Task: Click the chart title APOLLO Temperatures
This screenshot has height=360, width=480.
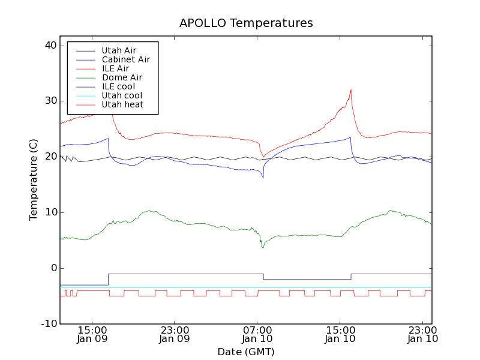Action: click(x=246, y=23)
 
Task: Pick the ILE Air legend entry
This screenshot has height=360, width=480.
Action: click(x=115, y=68)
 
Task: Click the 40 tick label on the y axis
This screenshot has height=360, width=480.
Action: click(x=50, y=46)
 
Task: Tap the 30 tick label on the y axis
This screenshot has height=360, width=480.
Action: click(x=50, y=101)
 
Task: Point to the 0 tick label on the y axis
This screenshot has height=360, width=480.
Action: click(x=53, y=268)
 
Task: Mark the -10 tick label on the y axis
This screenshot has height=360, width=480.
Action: click(x=49, y=324)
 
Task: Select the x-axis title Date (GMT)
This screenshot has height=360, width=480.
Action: click(x=246, y=352)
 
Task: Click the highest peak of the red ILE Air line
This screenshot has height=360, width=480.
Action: click(x=351, y=90)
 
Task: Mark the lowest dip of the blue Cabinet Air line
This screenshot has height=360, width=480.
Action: click(x=263, y=178)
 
